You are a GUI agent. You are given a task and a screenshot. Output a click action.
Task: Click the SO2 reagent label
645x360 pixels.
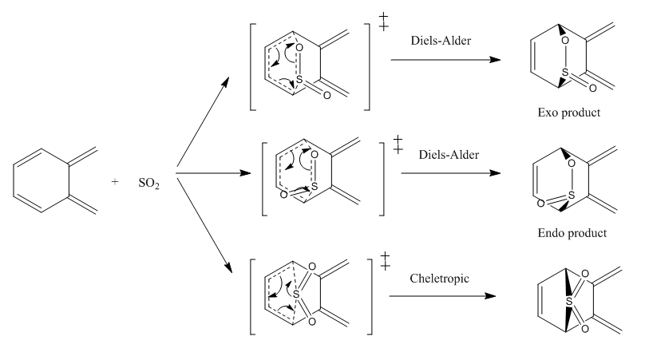pos(149,183)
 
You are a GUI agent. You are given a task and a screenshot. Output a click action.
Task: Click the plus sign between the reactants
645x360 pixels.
pos(115,181)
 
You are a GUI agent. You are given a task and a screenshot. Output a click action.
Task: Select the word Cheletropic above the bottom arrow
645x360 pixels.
pos(439,279)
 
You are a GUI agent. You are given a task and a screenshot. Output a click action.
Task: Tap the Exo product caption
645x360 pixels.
pos(569,113)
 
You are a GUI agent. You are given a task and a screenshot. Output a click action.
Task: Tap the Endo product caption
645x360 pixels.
pos(572,233)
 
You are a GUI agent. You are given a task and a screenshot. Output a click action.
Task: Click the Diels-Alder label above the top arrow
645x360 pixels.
pos(441,41)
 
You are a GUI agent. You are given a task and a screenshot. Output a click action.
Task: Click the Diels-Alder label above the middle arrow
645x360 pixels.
pos(449,155)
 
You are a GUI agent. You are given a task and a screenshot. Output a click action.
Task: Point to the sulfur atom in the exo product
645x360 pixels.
pos(565,73)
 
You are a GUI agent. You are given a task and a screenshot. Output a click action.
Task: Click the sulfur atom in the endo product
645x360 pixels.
pos(572,196)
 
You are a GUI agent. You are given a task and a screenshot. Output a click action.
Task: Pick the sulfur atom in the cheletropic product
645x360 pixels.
pos(569,302)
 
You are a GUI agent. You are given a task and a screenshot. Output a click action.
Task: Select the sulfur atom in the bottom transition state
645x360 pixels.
pos(296,295)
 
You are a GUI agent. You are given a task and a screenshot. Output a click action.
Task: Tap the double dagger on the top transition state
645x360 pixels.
pos(383,22)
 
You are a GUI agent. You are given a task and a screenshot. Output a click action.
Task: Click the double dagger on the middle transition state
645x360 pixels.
pos(398,144)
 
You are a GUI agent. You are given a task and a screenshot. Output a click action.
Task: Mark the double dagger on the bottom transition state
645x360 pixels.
pos(385,261)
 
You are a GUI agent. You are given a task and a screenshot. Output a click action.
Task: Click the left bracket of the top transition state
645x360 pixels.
pos(252,67)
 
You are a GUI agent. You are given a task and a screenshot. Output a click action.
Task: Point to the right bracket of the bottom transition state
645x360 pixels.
pos(370,297)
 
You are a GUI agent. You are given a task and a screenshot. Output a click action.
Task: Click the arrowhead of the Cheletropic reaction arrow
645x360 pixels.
pos(490,296)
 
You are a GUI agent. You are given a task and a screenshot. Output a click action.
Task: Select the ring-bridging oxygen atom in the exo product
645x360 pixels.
pos(565,41)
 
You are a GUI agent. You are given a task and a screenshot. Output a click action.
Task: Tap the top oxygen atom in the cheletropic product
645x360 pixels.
pos(585,274)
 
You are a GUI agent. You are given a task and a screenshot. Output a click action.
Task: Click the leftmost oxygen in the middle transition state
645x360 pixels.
pos(283,195)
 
